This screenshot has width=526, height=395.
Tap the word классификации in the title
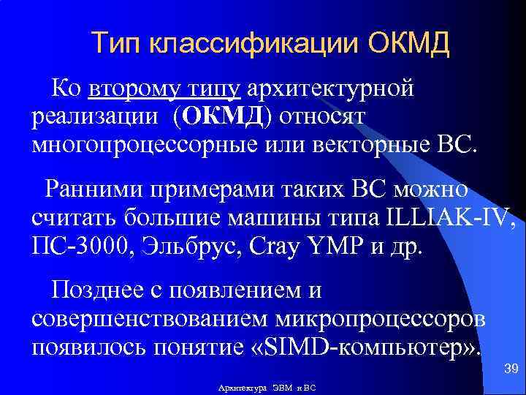253,45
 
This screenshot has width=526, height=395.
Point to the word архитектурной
331,89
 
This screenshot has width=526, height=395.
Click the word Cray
275,244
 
